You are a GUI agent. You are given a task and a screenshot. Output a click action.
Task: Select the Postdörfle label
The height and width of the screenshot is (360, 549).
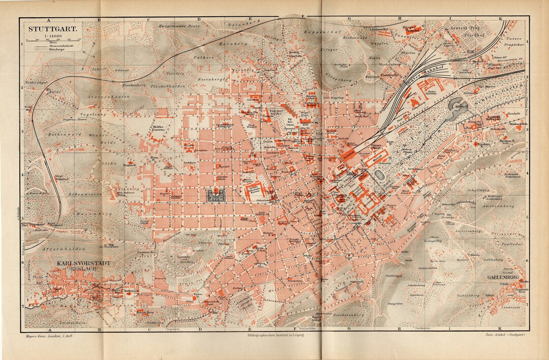coord(391,75)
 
